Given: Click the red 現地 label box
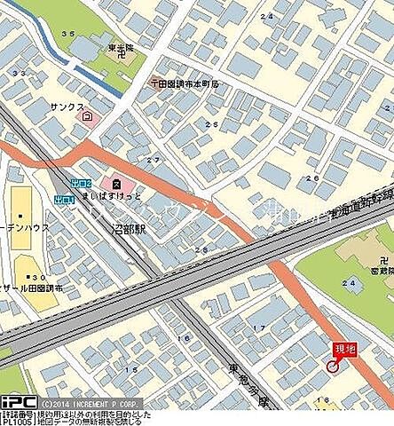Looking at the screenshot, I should pos(344,351).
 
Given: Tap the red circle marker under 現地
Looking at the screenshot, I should pos(333,366).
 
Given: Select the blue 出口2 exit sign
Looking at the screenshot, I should pos(82,183).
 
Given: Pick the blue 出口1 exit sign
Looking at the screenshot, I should pos(63,198).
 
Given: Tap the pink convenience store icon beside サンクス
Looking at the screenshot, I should pos(86,115).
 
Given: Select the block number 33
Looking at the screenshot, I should pos(19,72).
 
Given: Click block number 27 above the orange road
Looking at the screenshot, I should pos(154,160).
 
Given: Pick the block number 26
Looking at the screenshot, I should pos(311,178).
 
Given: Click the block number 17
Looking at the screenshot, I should pos(260,327).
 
